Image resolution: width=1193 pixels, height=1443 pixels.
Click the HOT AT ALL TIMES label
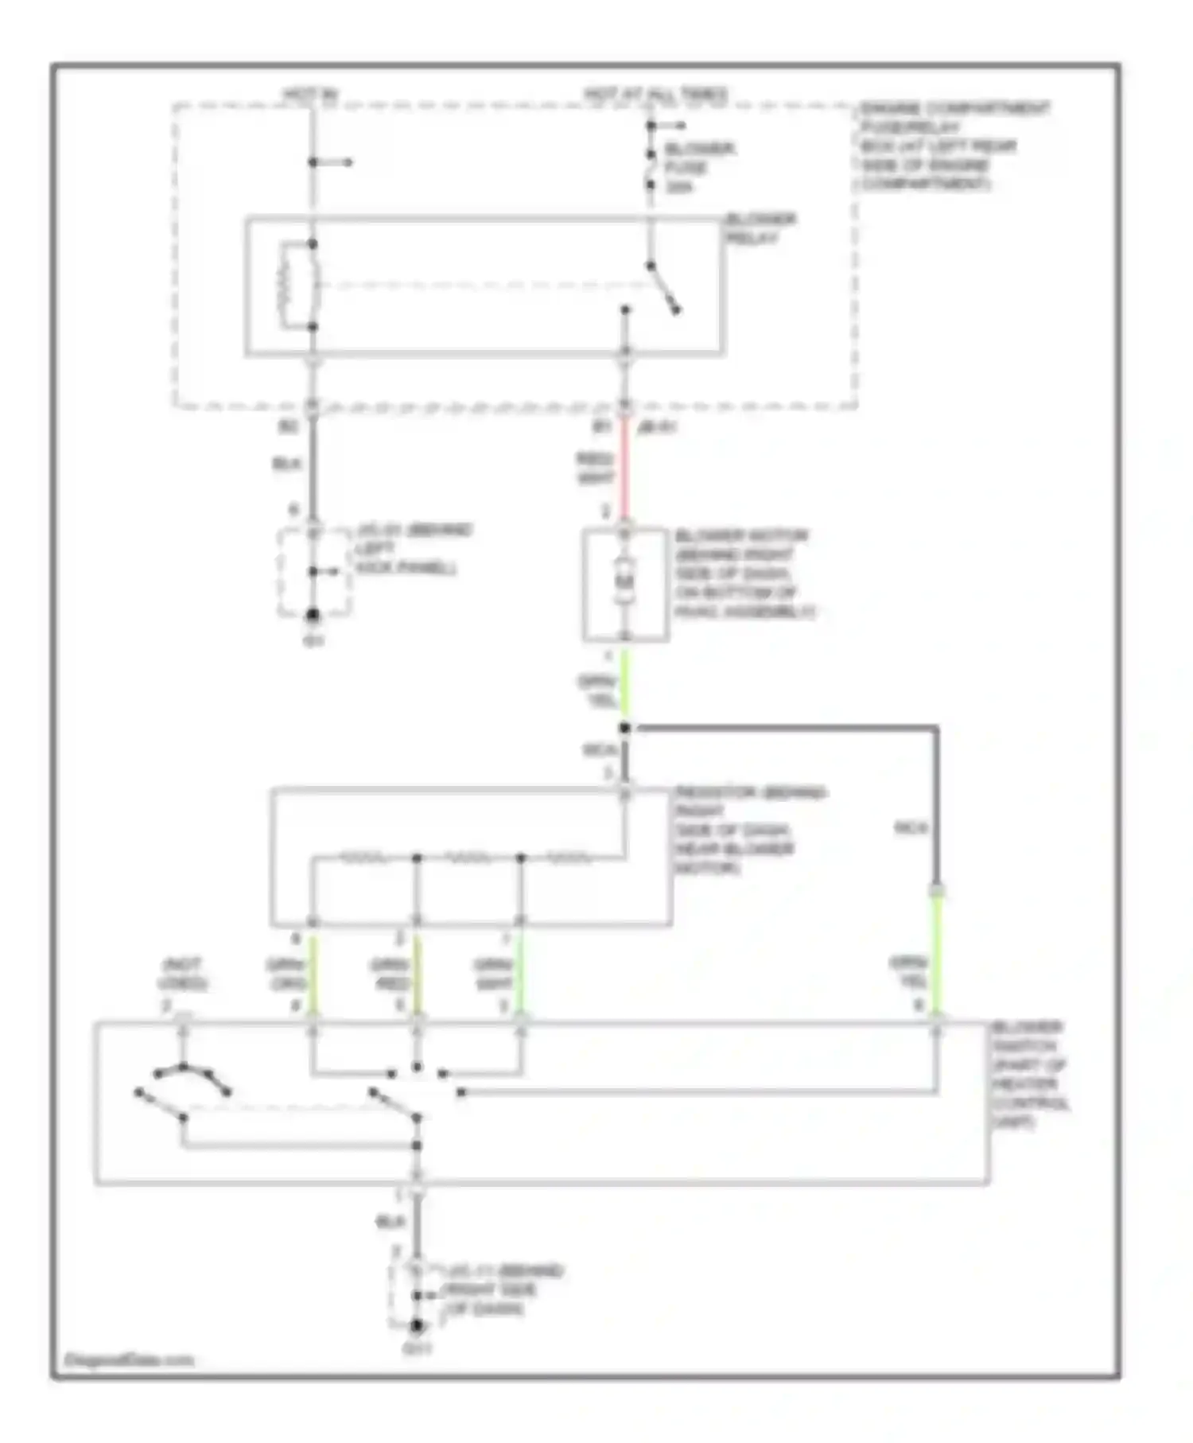pos(655,95)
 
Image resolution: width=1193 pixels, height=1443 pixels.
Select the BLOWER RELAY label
pos(760,228)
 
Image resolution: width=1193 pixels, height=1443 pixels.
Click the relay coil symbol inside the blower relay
pos(286,284)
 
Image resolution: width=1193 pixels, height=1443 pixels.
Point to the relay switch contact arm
pos(663,287)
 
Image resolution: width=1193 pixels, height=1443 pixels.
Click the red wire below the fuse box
pos(625,469)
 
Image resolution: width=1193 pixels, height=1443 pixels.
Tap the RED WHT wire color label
pos(595,468)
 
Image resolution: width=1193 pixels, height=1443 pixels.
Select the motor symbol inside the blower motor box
pos(624,581)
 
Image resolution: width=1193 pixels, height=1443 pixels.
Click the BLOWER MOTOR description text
pos(744,573)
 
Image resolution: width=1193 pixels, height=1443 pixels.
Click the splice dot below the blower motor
pos(625,727)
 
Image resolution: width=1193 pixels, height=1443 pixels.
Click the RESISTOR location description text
pos(748,830)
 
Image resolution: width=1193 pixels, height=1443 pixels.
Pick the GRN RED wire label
pos(389,973)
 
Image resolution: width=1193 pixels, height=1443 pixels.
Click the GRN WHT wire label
pos(492,973)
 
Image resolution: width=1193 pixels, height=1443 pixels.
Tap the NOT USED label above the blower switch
pos(182,973)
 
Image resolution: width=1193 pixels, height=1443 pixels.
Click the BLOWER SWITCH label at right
pos(1029,1074)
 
